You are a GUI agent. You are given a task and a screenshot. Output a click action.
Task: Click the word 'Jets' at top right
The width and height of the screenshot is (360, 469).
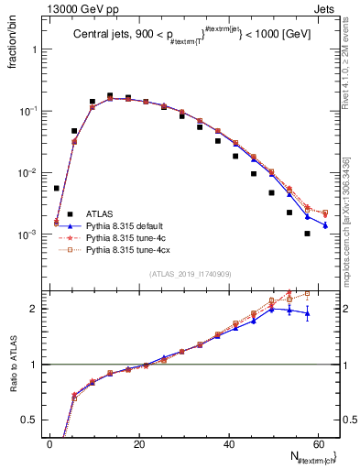327,8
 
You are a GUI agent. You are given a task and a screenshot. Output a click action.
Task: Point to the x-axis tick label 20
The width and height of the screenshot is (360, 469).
139,442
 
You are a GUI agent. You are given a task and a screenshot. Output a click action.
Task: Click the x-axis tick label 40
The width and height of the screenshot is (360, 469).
229,442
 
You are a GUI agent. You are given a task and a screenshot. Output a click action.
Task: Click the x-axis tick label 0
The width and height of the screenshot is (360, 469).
50,442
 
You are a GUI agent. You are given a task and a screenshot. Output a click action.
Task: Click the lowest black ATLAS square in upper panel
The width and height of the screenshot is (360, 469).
307,234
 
